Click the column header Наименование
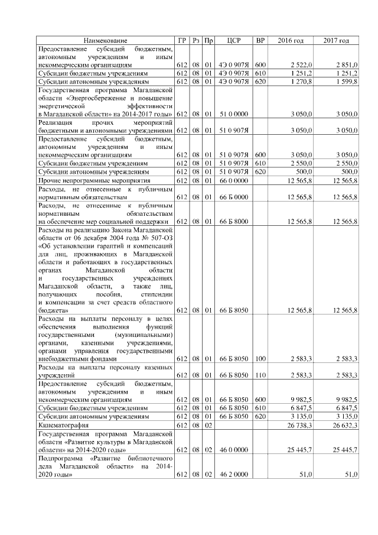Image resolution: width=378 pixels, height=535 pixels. (105, 40)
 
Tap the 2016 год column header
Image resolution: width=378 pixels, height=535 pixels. (291, 40)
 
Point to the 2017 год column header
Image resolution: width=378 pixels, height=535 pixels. (336, 40)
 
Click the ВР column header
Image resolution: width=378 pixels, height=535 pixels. (260, 40)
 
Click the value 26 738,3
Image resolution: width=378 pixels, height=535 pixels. (300, 424)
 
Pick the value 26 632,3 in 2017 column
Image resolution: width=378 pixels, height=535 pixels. (345, 424)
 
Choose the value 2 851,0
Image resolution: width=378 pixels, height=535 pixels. (347, 64)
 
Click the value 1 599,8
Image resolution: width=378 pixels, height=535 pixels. (347, 81)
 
